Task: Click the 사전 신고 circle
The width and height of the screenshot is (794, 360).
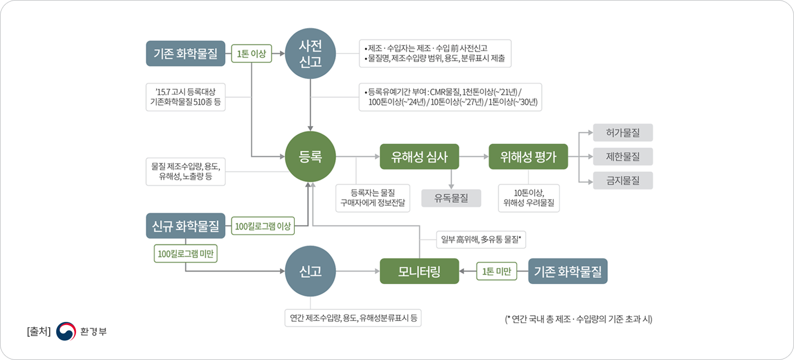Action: point(310,53)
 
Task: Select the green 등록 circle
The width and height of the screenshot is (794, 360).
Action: point(310,156)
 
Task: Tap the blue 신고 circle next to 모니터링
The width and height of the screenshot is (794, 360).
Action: point(310,272)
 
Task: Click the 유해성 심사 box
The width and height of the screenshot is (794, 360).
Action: point(419,156)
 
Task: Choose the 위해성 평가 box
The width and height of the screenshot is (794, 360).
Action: point(528,156)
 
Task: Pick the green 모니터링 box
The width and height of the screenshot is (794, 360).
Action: point(419,272)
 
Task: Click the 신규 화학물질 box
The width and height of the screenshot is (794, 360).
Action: point(185,226)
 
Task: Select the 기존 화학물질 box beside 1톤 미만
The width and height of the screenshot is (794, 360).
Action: point(568,272)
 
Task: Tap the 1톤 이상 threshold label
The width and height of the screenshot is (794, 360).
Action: point(251,53)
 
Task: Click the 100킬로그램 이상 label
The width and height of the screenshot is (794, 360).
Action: point(263,226)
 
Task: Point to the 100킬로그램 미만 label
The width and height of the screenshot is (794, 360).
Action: point(185,254)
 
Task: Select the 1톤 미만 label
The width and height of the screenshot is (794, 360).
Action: point(497,272)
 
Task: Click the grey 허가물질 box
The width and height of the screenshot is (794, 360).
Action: point(623,133)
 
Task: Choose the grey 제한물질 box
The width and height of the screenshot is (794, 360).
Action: point(623,156)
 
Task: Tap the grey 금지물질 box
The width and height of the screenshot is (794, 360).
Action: point(623,181)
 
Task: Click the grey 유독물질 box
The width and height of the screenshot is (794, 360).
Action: point(451,198)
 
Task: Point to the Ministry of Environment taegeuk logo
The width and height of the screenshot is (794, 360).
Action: point(66,331)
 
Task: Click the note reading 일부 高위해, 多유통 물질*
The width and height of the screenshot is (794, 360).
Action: point(481,240)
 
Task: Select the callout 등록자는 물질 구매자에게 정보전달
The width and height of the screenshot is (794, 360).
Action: point(373,198)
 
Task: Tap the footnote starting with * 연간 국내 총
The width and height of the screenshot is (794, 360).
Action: point(579,319)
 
